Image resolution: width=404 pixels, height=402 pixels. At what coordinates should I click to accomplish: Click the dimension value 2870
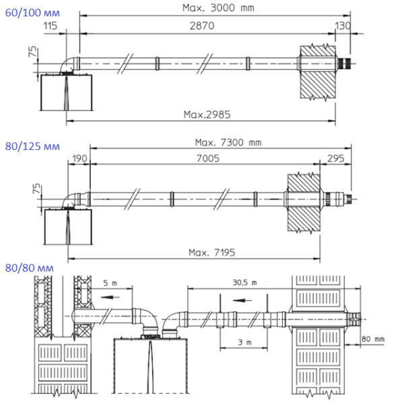207,25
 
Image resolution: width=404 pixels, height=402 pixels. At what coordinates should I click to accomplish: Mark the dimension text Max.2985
207,114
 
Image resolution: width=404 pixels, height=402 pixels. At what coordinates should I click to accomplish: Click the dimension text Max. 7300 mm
227,142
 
